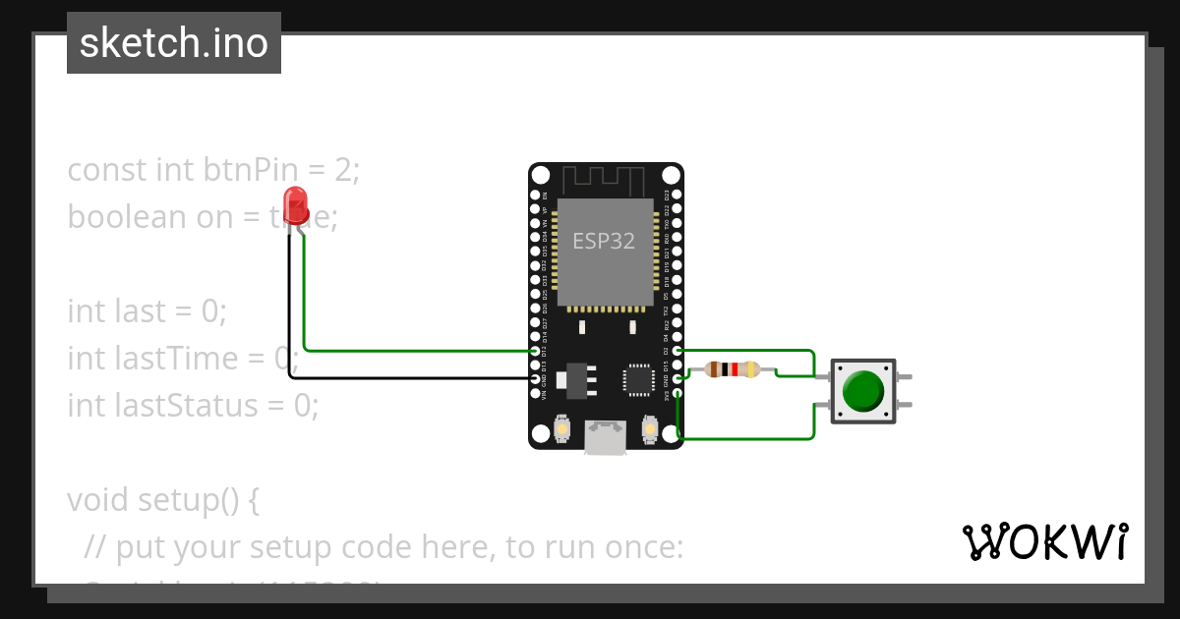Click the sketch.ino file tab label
click(174, 43)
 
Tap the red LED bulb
click(295, 205)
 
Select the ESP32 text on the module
click(604, 241)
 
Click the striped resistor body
click(733, 369)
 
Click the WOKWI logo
click(1044, 541)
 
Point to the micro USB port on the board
click(606, 437)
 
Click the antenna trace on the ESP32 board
click(604, 181)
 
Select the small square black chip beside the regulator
click(637, 379)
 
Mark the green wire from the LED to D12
click(413, 350)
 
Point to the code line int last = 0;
click(147, 311)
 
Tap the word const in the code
click(107, 170)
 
